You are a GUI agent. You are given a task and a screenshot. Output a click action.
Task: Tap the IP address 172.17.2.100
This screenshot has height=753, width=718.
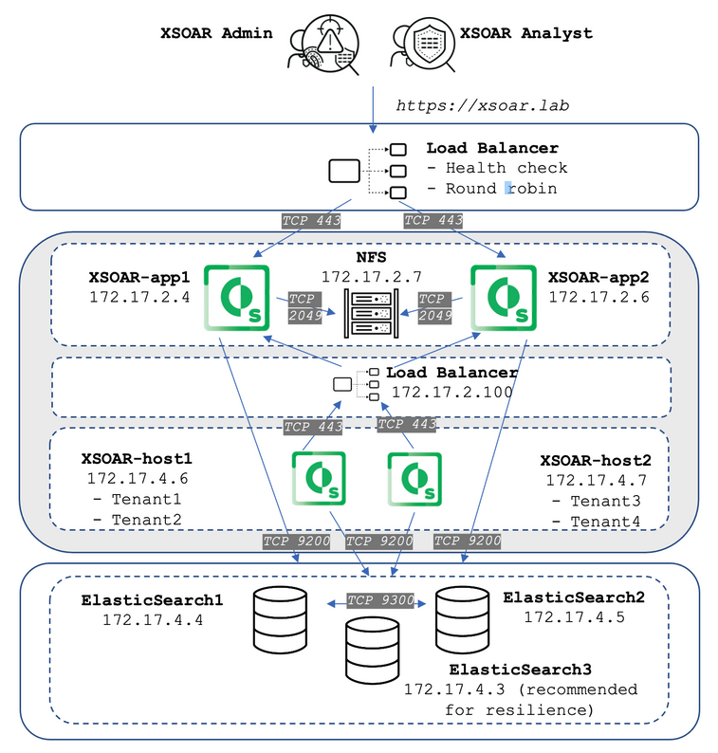click(x=451, y=392)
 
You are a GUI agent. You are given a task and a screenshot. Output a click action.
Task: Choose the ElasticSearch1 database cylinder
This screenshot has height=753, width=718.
click(x=281, y=615)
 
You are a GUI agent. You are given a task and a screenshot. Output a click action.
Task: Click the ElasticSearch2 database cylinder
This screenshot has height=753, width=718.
click(x=462, y=615)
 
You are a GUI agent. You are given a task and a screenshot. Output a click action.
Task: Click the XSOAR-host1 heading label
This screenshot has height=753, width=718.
click(x=139, y=458)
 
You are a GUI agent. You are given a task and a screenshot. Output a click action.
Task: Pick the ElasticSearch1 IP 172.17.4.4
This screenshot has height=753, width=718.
click(x=152, y=620)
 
